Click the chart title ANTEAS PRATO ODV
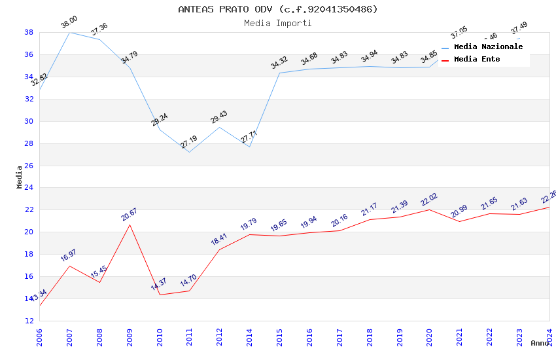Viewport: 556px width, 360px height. (278, 9)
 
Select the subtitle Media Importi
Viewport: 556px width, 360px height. (278, 23)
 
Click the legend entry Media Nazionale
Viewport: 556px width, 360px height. (488, 46)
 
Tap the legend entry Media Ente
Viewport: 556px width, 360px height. (477, 59)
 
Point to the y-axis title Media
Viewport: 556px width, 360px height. (20, 177)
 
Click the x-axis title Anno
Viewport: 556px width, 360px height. (540, 343)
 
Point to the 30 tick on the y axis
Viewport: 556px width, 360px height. (29, 121)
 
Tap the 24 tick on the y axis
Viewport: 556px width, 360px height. (29, 188)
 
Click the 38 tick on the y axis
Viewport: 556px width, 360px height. (29, 32)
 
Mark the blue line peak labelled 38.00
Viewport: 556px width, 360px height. (69, 32)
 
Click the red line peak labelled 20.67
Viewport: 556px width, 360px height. (130, 225)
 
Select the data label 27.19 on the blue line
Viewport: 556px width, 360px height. (189, 141)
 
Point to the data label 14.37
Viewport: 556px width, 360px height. (159, 284)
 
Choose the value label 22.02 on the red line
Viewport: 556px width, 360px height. (429, 200)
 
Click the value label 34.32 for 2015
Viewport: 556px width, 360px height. (279, 62)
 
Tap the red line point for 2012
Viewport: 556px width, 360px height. (219, 249)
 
